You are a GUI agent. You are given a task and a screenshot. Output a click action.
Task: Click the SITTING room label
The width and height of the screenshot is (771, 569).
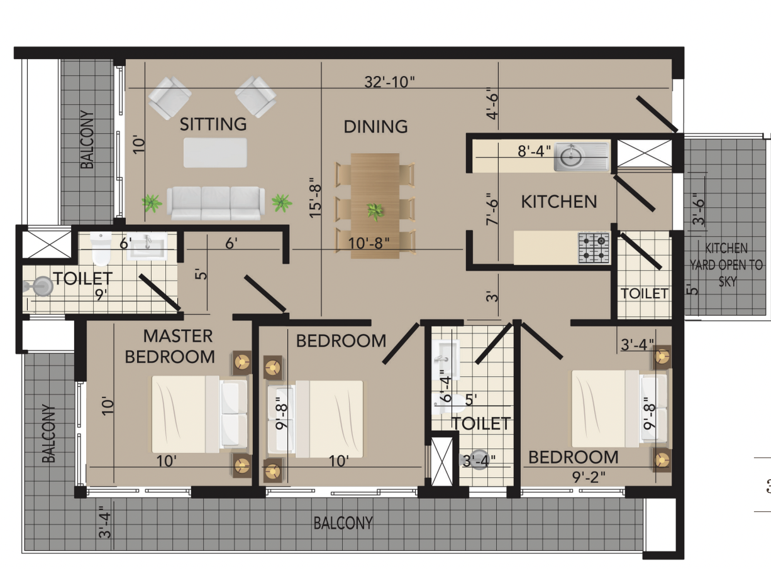[x=213, y=124]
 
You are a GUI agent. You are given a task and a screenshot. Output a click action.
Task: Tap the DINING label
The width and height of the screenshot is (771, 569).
[x=375, y=127]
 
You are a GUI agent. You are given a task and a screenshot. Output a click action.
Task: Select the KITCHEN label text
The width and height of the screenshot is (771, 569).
[x=559, y=202]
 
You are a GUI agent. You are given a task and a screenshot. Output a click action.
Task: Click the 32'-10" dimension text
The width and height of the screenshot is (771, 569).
[x=390, y=82]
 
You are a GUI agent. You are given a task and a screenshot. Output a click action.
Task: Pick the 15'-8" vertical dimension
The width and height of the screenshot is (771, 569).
[x=316, y=198]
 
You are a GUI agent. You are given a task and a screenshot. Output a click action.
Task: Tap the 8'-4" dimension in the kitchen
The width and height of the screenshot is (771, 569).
[x=534, y=151]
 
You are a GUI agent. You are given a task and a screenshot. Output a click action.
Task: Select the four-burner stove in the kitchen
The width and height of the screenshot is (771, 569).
[x=594, y=248]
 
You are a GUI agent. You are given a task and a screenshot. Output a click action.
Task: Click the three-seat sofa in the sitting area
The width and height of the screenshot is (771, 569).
[x=216, y=203]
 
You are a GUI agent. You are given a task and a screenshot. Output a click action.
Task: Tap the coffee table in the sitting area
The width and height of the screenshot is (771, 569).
[x=215, y=153]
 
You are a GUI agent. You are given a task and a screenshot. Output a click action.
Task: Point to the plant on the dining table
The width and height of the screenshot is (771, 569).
[x=375, y=211]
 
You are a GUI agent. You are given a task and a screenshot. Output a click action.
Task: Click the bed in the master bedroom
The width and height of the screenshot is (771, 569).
[x=199, y=414]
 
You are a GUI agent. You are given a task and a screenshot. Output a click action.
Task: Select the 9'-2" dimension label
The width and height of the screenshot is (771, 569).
[x=589, y=477]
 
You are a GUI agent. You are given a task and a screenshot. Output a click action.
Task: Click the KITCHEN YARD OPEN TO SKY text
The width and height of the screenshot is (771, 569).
[x=726, y=265]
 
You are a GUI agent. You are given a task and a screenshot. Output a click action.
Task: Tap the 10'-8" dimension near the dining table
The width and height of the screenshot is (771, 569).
[x=369, y=243]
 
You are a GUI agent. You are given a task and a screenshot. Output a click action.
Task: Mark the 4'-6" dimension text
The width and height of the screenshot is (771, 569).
[x=492, y=103]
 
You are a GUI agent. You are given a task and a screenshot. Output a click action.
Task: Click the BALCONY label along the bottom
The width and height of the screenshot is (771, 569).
[x=343, y=523]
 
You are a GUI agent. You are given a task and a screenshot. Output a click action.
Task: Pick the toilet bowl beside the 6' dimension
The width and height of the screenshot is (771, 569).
[x=101, y=249]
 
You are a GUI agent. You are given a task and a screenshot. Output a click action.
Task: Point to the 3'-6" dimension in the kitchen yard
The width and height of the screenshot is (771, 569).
[x=698, y=209]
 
